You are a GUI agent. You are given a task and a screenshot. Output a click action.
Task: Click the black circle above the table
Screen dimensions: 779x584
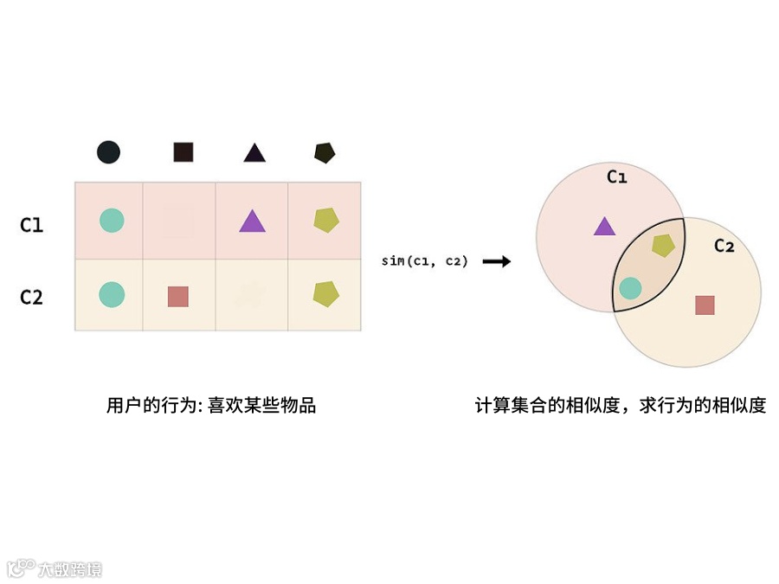108,153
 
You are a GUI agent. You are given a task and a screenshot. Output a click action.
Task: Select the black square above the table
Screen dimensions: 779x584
183,153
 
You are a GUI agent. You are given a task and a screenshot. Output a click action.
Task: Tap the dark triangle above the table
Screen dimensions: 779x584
254,153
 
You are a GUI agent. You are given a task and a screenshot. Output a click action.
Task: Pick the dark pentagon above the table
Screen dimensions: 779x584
325,153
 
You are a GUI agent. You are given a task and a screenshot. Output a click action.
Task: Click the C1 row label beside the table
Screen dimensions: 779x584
32,225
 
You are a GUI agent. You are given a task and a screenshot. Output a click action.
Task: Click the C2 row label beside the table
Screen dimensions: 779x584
32,297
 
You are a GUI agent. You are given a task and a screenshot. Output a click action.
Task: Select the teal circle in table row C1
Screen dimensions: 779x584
111,221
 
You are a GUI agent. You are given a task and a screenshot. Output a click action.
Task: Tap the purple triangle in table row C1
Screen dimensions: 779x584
252,221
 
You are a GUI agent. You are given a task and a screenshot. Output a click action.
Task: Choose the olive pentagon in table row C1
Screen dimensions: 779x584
325,221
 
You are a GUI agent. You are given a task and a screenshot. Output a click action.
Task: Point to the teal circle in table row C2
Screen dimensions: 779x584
111,294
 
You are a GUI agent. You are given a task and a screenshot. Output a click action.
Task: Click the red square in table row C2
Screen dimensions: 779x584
178,296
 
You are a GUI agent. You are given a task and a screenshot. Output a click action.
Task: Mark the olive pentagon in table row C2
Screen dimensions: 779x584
325,294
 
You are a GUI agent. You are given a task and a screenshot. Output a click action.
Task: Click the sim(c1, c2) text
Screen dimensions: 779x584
424,260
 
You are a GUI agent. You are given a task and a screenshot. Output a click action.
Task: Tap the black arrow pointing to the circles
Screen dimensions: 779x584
496,260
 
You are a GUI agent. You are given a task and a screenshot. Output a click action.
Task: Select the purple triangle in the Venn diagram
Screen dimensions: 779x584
604,227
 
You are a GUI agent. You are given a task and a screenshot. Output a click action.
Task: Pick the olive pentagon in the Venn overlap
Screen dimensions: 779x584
663,246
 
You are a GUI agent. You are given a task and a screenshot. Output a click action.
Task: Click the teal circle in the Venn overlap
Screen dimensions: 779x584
630,288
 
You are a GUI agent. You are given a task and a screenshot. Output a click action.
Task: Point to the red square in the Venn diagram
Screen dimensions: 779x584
705,305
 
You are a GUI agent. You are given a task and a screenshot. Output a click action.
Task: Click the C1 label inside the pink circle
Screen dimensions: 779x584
616,177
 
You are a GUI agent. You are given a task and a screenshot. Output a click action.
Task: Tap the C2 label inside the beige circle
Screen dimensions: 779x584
724,246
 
